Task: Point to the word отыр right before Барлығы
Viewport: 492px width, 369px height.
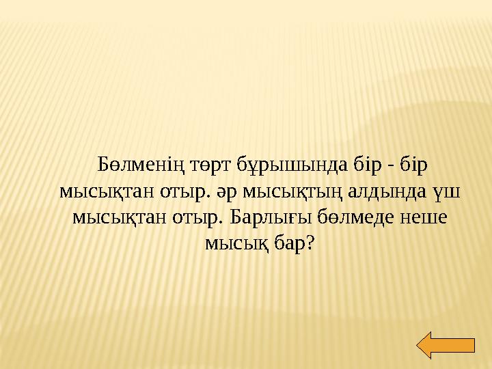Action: coord(198,218)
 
